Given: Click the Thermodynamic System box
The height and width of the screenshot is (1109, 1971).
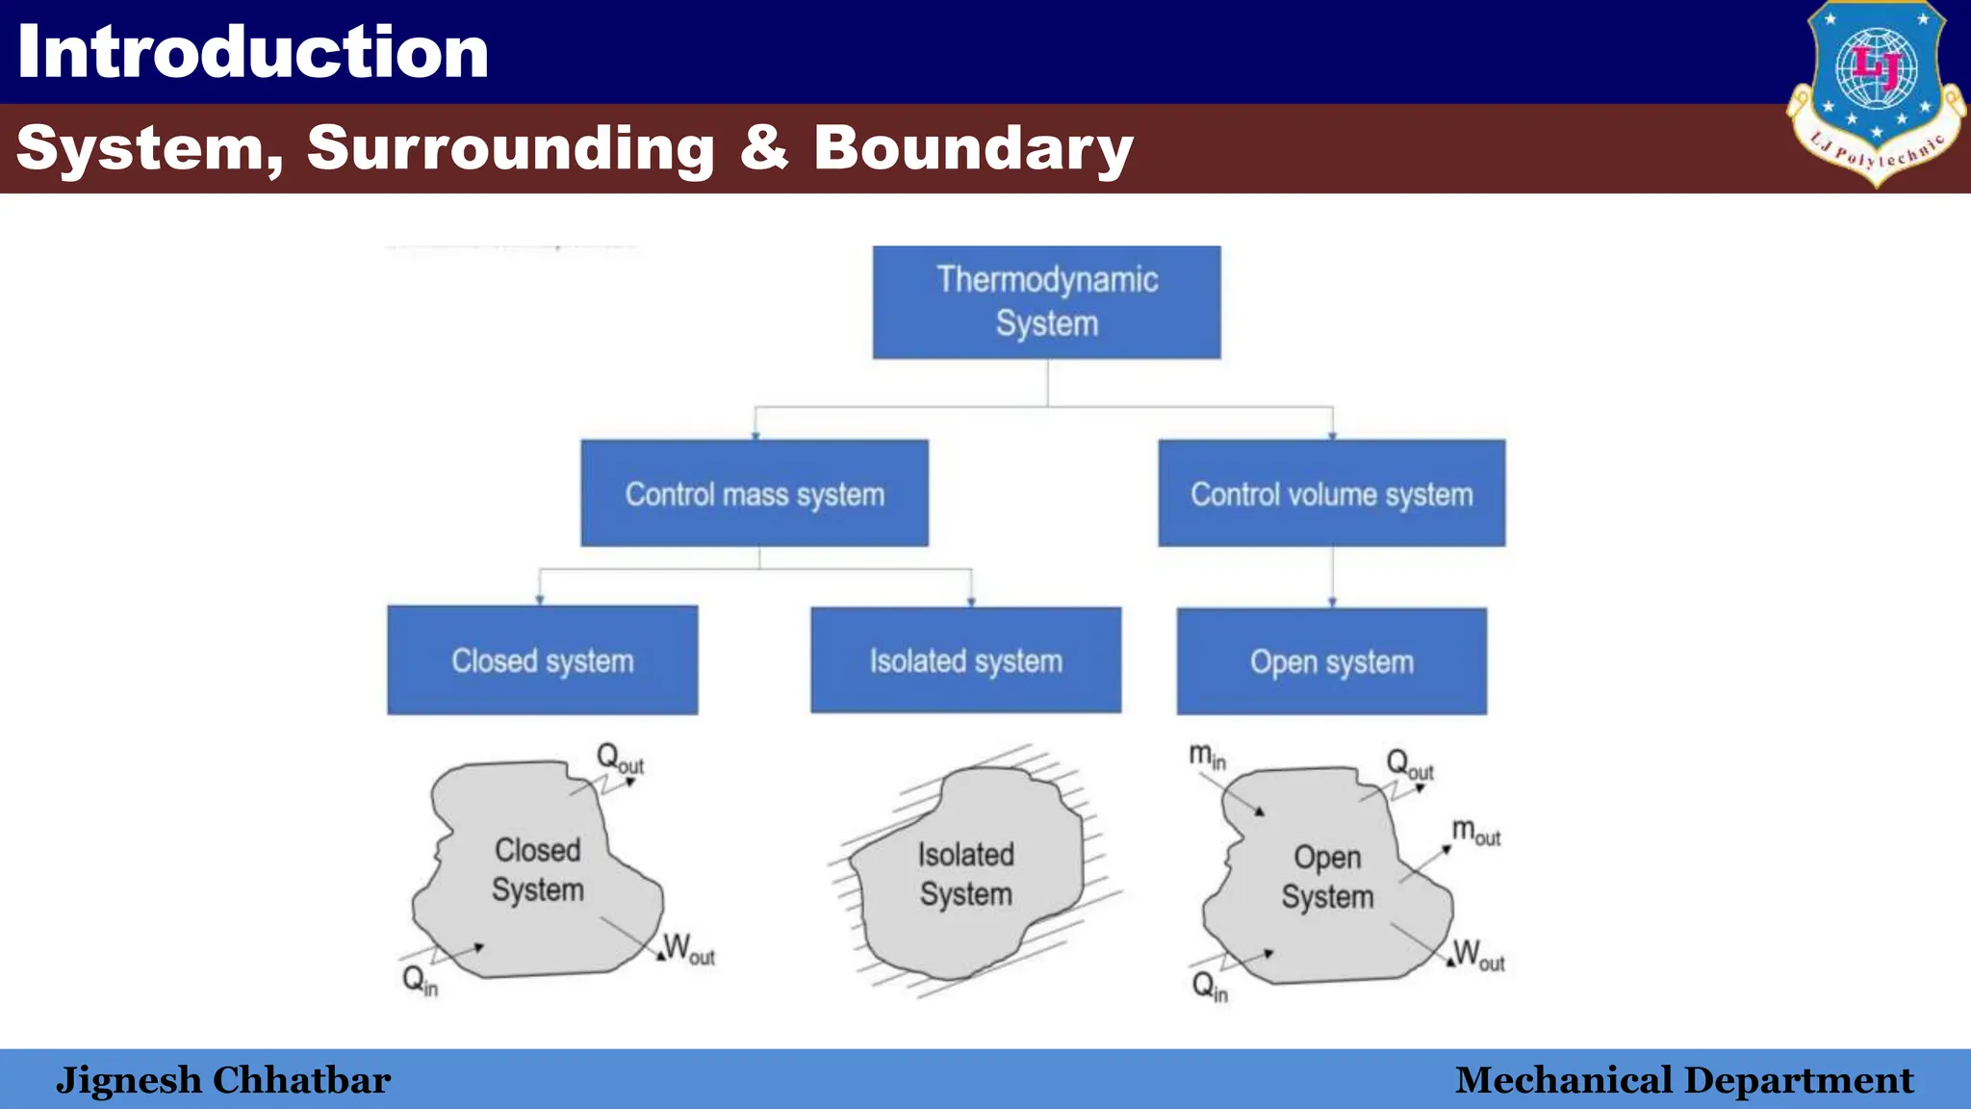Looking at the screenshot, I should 1046,302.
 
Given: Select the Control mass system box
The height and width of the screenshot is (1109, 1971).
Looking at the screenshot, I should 755,494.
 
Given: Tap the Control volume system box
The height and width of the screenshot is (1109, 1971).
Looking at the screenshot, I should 1331,494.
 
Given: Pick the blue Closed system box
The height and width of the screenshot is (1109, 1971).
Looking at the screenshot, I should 542,660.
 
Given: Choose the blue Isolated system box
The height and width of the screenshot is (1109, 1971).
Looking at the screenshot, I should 965,660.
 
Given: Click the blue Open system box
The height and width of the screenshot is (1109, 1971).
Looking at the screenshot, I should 1331,661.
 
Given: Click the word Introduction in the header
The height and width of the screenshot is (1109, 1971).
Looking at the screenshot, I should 253,52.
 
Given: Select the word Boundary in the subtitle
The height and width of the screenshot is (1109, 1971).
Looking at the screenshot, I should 973,148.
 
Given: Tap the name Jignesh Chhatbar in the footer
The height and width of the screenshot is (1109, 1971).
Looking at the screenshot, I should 223,1080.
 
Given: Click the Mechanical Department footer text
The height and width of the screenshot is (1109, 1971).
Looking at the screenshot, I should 1683,1080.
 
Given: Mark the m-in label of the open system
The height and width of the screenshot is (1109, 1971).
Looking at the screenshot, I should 1207,756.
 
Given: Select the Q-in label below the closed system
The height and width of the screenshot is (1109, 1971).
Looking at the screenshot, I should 420,981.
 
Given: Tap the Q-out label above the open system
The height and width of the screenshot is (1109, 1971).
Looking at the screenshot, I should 1409,765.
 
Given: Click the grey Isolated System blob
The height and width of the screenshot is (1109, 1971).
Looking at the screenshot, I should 965,874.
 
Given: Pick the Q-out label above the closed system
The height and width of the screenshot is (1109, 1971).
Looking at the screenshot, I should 619,759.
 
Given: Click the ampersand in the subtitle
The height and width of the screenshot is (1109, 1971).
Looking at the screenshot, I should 764,148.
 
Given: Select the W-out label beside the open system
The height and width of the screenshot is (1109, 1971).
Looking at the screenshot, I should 1478,955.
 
